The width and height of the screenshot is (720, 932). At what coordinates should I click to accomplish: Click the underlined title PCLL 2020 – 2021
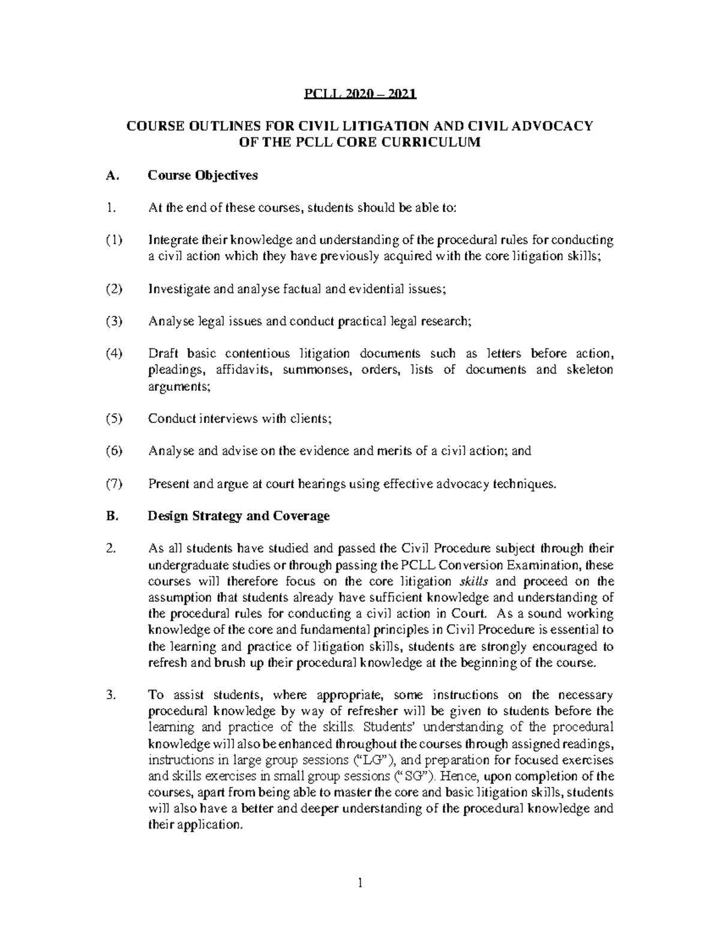(359, 94)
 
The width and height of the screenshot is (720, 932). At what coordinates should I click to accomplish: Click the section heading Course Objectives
(203, 175)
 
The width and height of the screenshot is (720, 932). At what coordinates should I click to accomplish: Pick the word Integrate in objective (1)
(173, 241)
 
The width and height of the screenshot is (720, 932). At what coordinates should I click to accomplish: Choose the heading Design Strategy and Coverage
(239, 516)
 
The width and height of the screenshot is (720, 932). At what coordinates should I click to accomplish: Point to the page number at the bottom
(359, 883)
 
